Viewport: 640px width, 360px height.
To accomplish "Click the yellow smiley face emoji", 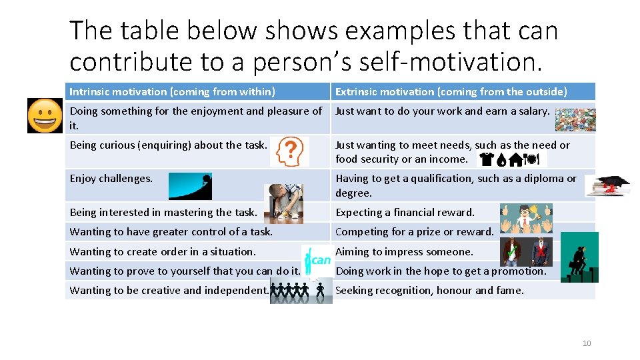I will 45,115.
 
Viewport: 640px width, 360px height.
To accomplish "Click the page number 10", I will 587,343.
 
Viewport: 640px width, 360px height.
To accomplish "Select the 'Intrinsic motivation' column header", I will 173,92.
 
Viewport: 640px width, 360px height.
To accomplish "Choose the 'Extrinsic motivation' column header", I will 451,92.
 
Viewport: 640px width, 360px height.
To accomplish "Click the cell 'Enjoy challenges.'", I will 111,179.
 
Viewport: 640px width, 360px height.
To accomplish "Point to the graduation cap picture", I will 607,186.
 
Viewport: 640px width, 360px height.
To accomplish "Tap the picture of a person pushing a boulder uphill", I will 190,186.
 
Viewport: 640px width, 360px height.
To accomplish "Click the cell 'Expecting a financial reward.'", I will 405,213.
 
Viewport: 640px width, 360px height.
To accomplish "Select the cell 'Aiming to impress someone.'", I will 405,251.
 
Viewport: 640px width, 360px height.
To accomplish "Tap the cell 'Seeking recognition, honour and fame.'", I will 430,290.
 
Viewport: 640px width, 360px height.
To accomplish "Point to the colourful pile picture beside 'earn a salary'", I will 575,119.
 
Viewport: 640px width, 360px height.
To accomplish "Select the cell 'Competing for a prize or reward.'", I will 415,232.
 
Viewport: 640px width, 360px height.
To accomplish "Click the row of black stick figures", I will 301,291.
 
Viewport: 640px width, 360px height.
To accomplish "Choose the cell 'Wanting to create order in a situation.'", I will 163,251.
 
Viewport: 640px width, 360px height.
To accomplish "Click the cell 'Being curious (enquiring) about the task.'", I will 169,145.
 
